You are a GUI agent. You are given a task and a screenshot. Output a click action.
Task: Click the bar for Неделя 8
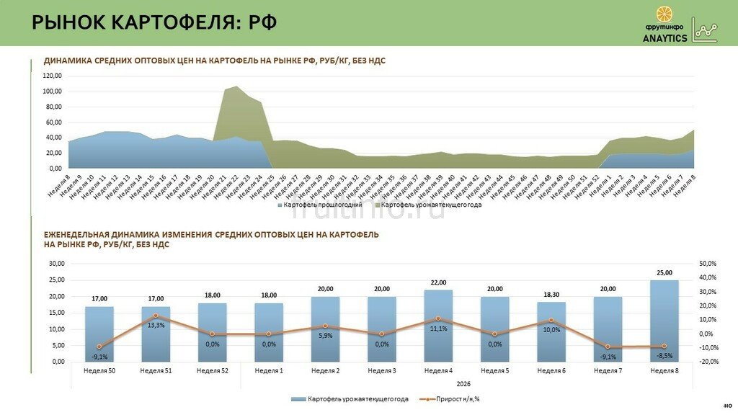(x=664, y=321)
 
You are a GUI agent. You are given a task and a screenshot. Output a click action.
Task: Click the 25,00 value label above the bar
(x=664, y=273)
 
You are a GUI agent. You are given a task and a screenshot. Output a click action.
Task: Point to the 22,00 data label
(x=438, y=282)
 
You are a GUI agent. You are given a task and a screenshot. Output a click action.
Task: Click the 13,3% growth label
(x=156, y=325)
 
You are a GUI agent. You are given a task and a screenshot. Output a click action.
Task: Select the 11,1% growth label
(x=438, y=329)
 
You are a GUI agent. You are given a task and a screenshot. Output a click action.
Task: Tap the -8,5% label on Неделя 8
(x=664, y=355)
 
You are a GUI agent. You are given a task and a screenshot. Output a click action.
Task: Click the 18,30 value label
(x=551, y=295)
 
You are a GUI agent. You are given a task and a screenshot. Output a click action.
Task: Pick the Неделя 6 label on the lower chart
(x=551, y=370)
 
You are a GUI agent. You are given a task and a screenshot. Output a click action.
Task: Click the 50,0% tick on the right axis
(x=708, y=264)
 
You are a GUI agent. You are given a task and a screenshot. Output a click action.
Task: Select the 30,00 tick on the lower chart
(x=56, y=264)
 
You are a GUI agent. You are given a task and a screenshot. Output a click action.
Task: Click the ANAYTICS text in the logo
(x=664, y=38)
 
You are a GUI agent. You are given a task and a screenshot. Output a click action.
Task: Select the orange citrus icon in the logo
(x=665, y=14)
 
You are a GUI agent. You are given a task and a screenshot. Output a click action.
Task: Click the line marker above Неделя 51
(x=156, y=316)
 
